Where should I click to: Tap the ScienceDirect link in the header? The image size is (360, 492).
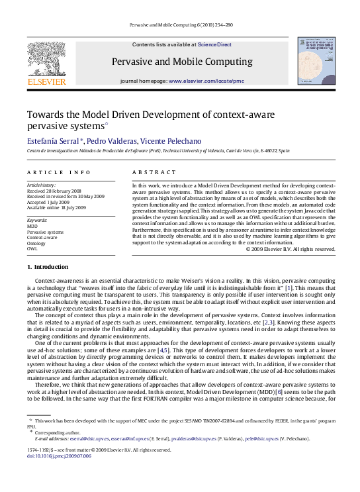click(216, 44)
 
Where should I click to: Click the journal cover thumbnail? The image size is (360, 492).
click(316, 61)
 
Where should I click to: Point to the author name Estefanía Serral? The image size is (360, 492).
click(52, 141)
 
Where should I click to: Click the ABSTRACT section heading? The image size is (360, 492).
click(150, 172)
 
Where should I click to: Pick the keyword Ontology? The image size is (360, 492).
click(36, 243)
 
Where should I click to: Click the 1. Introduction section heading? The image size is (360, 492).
click(47, 267)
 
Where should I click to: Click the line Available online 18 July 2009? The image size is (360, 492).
click(56, 207)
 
